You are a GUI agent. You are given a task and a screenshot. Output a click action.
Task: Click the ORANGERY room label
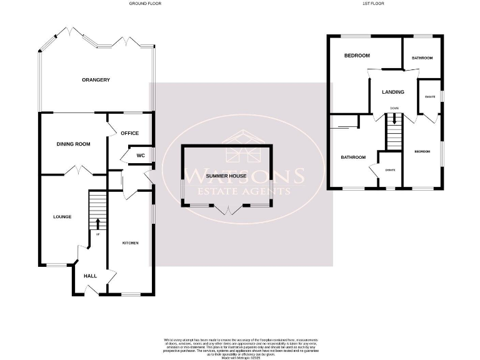[96, 79]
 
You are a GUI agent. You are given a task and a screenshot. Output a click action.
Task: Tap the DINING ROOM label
[74, 144]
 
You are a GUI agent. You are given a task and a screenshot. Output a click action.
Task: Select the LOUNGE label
[62, 217]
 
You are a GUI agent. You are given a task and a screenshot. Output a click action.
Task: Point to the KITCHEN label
[130, 242]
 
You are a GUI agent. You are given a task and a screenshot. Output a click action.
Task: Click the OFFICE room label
[129, 133]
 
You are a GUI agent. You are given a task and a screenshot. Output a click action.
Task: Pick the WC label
[141, 155]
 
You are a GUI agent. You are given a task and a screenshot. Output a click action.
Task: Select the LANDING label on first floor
[393, 92]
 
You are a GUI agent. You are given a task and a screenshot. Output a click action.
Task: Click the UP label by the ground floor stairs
[97, 234]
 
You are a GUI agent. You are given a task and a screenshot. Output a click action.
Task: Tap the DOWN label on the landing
[394, 108]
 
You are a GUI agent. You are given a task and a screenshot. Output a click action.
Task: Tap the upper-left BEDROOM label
[357, 56]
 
